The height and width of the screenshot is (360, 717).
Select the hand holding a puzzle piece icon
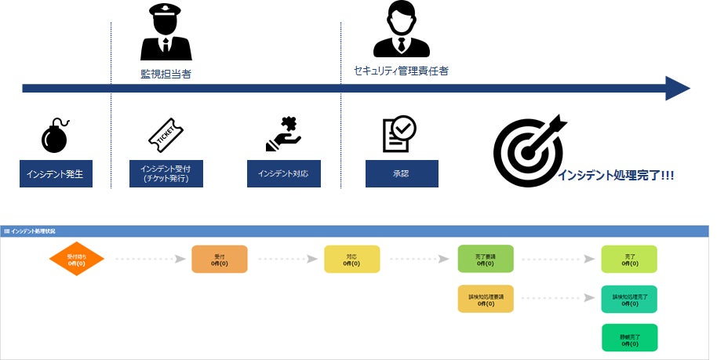(283, 135)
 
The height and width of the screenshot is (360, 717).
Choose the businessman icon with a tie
(402, 30)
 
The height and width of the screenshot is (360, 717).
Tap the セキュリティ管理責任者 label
(401, 71)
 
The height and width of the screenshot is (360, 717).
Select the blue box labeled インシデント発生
(56, 173)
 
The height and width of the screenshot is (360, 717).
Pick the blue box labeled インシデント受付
(166, 173)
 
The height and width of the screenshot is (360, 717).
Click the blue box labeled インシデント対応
(283, 173)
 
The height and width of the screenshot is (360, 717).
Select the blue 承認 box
(402, 173)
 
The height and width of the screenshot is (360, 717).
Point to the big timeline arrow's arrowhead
(677, 88)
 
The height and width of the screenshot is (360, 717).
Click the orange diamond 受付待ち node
(77, 260)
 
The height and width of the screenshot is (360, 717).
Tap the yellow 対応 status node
(352, 260)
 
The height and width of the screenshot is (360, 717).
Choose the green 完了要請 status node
(486, 260)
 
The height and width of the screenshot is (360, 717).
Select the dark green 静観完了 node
(629, 338)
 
